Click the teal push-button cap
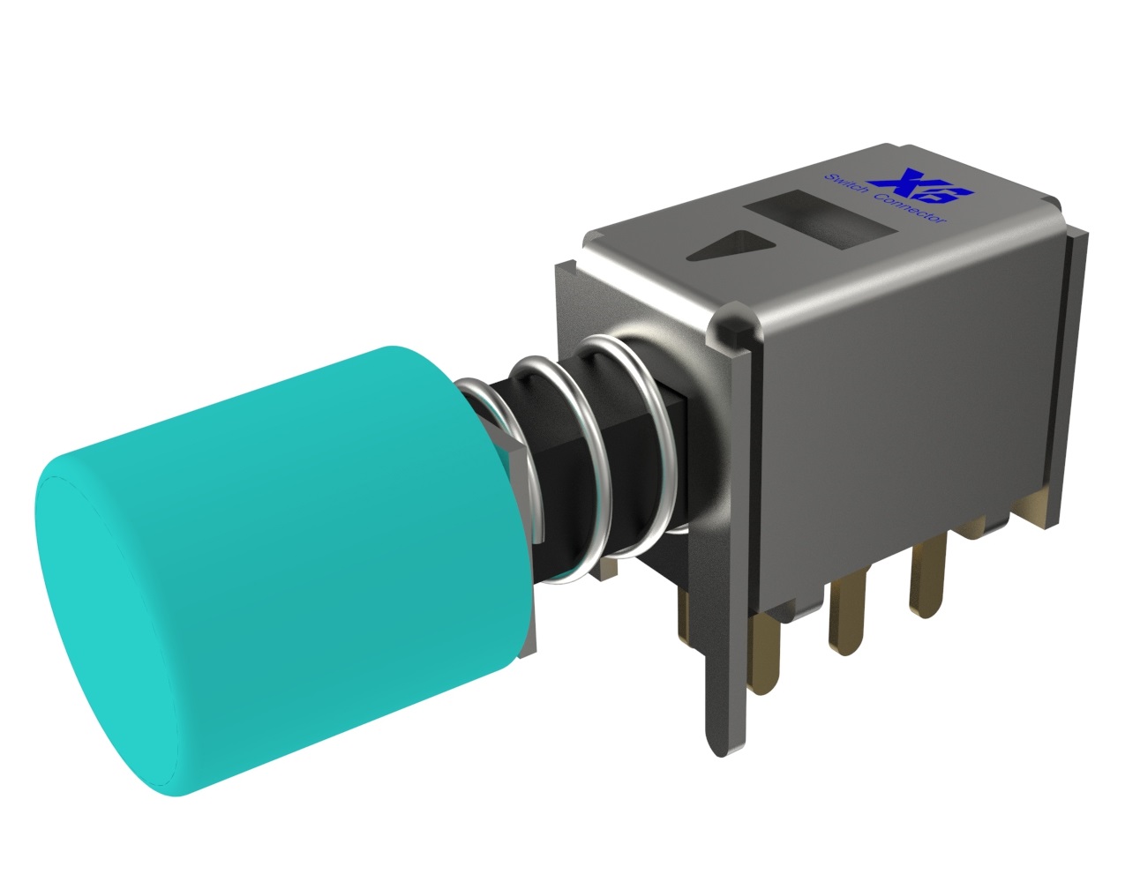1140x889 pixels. (283, 571)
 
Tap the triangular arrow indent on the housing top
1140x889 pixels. (731, 245)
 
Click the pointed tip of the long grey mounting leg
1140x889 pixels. (726, 756)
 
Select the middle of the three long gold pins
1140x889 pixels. (847, 618)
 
